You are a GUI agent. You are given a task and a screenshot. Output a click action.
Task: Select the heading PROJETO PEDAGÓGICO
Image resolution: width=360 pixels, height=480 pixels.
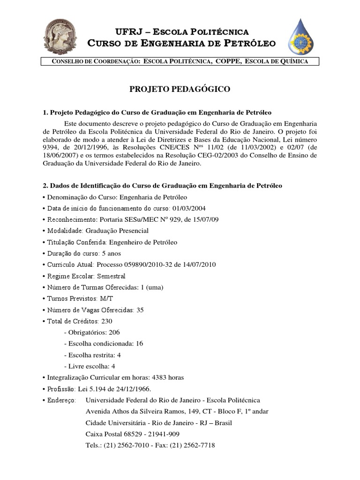click(x=180, y=89)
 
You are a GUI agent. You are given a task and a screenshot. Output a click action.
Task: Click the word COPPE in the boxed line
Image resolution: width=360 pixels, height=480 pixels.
click(x=229, y=61)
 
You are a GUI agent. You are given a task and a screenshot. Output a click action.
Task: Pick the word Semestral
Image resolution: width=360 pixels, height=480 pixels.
click(x=111, y=276)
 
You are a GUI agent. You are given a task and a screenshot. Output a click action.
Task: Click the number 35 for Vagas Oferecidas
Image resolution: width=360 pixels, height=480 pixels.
click(x=140, y=310)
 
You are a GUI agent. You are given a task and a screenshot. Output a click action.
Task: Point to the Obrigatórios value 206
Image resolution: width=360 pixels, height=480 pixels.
click(x=114, y=332)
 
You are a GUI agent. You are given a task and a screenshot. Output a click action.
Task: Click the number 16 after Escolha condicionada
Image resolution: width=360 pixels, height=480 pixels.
click(x=139, y=344)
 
